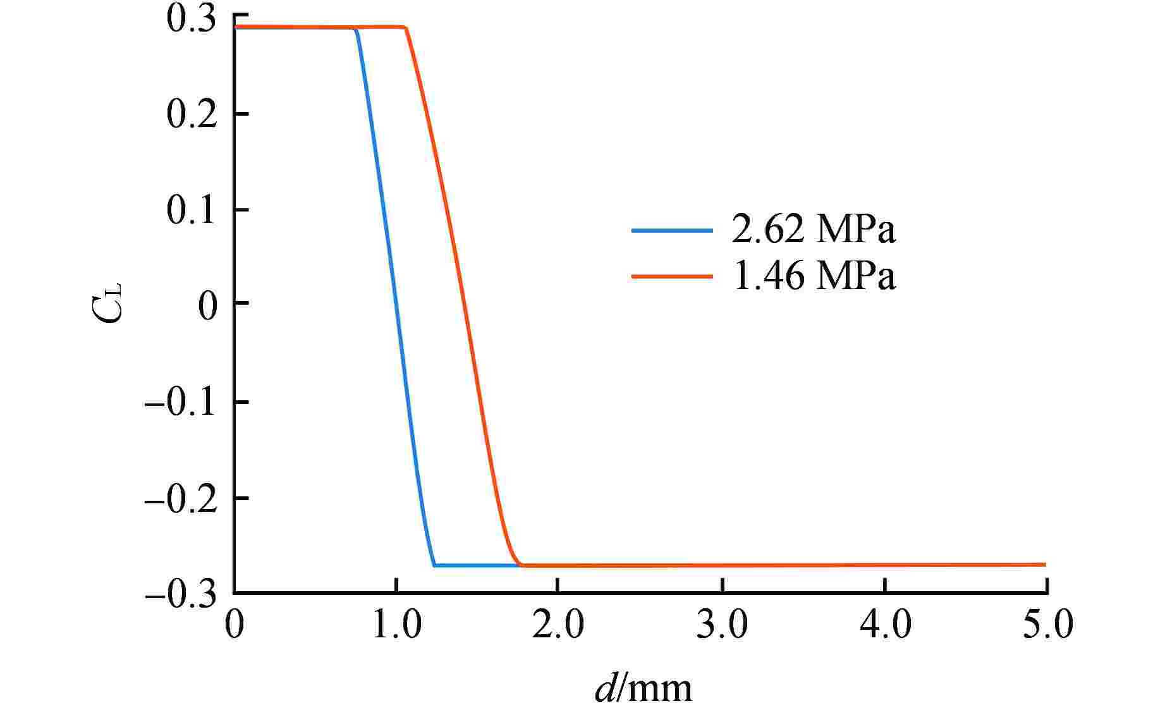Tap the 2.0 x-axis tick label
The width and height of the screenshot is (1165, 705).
558,625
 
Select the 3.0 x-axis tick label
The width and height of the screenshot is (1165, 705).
722,625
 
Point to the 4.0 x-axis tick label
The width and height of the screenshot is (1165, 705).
885,625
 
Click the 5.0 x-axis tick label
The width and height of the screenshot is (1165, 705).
1047,625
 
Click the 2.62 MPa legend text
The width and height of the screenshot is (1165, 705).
814,230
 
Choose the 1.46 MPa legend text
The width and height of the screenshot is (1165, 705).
814,276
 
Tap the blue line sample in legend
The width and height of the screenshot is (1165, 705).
672,231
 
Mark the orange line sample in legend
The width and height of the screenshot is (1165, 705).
672,277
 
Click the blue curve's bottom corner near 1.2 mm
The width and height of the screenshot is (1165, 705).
434,565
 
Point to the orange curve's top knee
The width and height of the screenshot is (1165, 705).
405,28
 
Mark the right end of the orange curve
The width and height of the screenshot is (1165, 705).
1045,565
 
